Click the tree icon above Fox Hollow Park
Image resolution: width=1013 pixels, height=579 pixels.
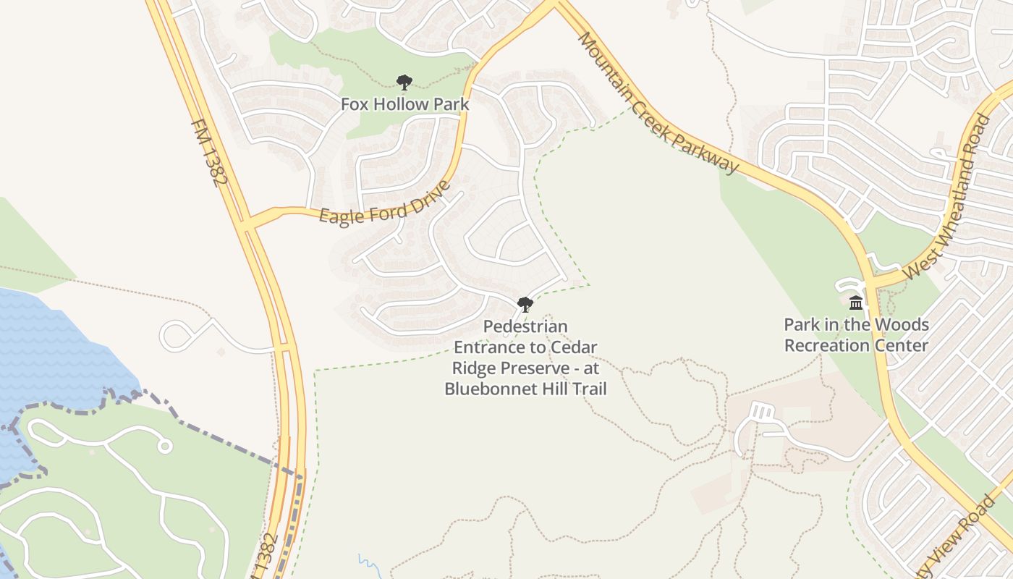coord(404,83)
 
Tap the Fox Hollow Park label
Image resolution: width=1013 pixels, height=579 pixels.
coord(404,104)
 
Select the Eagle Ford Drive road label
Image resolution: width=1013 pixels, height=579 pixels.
coord(384,203)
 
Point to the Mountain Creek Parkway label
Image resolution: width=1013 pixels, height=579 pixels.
coord(658,103)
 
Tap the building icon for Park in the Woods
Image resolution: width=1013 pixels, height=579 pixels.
coord(856,303)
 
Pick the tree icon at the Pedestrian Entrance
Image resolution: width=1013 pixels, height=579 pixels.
coord(525,305)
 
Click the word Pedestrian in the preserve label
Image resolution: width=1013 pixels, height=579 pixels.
coord(525,327)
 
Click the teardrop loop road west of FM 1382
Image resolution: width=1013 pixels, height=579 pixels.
coord(177,336)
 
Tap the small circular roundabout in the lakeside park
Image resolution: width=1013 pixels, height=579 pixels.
coord(165,447)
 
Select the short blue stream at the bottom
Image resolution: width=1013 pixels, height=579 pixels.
coord(367,563)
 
